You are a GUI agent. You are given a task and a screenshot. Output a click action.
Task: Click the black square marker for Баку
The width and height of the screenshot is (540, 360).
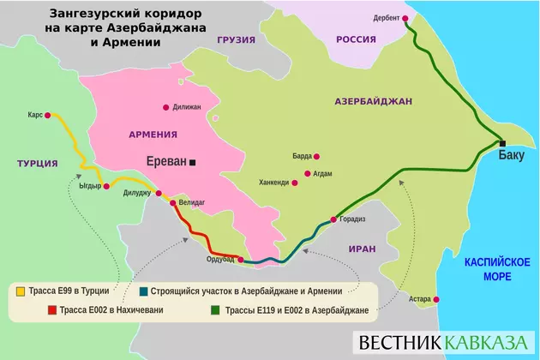(503, 143)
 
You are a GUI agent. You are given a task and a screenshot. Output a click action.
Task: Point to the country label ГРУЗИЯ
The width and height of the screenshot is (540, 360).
(237, 39)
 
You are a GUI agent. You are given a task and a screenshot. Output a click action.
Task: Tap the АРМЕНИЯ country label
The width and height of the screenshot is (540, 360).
(153, 135)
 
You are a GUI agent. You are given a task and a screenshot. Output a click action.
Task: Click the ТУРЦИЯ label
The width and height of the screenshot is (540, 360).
(37, 163)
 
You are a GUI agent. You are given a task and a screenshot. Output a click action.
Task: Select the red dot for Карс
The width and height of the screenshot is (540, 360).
(48, 114)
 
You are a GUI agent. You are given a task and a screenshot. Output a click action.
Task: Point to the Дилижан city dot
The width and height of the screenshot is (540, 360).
(166, 107)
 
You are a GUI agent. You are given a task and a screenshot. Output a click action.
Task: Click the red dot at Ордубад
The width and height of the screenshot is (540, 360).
(241, 259)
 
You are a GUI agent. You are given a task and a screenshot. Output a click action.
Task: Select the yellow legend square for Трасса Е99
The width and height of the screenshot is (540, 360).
(21, 291)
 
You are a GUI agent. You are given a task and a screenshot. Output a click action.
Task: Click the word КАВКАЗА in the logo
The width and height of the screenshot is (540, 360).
(486, 341)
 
